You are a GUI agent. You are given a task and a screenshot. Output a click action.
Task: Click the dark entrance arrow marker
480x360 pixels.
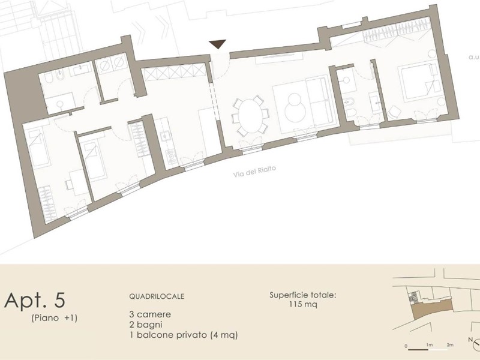click(x=218, y=44)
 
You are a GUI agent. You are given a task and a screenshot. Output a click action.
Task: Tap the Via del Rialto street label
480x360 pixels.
click(x=254, y=172)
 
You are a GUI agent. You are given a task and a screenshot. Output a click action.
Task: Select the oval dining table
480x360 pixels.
click(x=250, y=116)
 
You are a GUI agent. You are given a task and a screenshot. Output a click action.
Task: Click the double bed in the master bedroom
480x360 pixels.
click(x=419, y=82)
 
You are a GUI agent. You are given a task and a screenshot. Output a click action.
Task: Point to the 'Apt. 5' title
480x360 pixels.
click(x=35, y=300)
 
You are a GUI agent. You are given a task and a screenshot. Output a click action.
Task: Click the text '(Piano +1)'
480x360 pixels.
click(x=54, y=318)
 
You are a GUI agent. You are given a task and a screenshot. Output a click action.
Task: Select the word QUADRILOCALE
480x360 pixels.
click(x=157, y=296)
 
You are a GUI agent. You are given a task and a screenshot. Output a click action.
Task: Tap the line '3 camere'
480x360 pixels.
click(x=150, y=314)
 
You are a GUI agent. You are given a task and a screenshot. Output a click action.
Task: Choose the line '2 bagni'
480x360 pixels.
click(x=146, y=325)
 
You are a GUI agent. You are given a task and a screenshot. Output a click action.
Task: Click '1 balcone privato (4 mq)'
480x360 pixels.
click(x=184, y=335)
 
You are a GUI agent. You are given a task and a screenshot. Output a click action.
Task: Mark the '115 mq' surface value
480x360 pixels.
click(x=303, y=304)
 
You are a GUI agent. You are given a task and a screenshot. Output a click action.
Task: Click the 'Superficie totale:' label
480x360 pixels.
click(x=303, y=295)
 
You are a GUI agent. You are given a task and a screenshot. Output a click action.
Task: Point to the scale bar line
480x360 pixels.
click(x=428, y=349)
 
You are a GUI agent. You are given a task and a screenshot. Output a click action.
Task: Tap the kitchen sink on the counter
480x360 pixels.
click(x=166, y=134)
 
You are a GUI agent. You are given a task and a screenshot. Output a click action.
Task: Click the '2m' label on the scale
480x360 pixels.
click(x=449, y=345)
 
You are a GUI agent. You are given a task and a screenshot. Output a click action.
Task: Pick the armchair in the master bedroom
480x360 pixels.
click(x=394, y=112)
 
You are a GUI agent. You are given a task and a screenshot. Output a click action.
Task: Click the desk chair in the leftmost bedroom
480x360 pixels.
click(x=68, y=185)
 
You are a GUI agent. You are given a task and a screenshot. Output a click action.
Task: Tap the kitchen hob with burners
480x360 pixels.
click(x=172, y=157)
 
